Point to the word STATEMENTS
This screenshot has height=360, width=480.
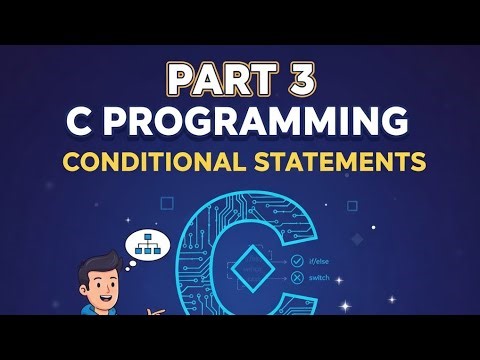342,161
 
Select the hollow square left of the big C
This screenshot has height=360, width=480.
167,203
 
